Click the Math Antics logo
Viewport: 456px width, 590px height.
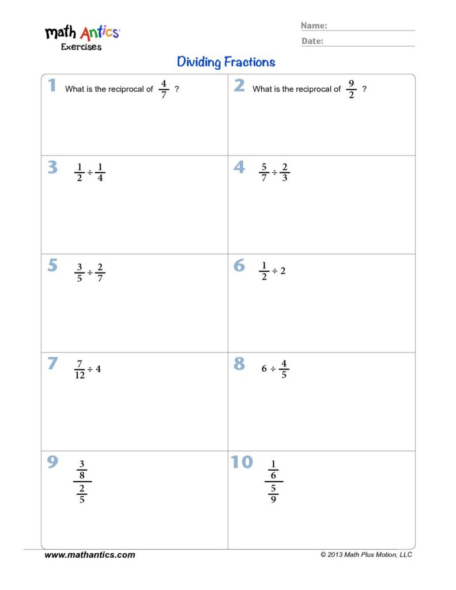82,37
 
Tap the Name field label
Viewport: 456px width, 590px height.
314,25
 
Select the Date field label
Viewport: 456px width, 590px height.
312,41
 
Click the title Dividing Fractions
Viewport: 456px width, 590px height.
226,62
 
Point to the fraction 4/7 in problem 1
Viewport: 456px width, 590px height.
164,89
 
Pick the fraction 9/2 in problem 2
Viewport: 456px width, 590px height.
351,89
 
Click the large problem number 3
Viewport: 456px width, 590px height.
52,168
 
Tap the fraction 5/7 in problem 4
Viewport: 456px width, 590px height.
264,172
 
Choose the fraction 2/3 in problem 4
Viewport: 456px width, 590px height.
285,172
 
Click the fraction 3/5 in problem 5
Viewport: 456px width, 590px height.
80,271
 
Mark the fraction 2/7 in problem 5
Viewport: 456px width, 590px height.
100,271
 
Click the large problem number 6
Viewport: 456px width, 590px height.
239,266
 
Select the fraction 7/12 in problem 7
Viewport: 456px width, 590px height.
80,369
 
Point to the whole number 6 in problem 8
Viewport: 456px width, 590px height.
264,369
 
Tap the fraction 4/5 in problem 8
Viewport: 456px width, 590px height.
284,369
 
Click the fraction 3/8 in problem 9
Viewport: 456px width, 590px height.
82,470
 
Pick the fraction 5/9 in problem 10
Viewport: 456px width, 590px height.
273,494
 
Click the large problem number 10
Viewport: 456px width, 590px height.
242,463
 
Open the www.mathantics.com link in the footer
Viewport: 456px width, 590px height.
90,555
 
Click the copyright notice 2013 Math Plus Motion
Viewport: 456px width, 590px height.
366,555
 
